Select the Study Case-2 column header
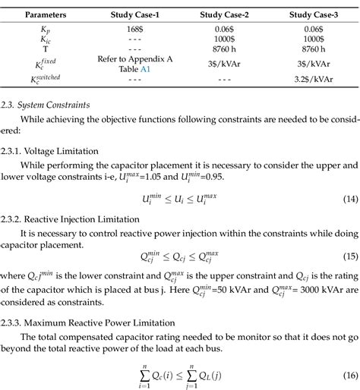(x=227, y=14)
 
